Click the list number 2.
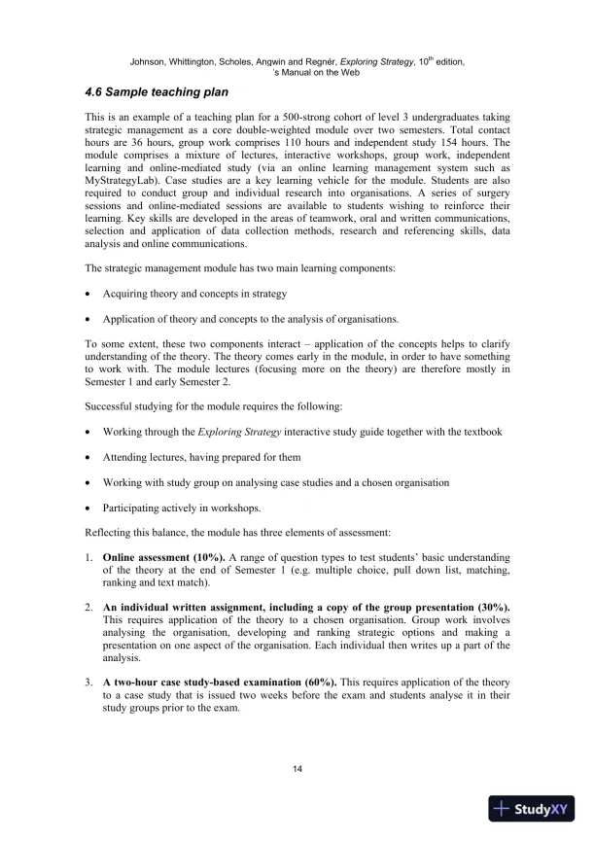[88, 606]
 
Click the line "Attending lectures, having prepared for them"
[201, 457]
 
